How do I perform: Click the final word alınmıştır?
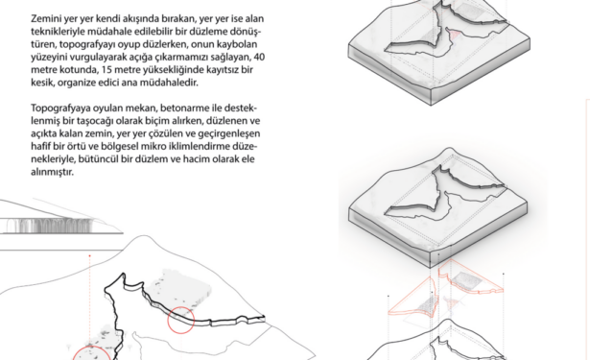click(x=52, y=172)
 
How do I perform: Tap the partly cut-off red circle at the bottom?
click(x=91, y=348)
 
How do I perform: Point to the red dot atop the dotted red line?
click(x=89, y=255)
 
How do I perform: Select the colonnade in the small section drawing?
click(x=49, y=226)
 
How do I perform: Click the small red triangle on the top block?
click(x=456, y=35)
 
